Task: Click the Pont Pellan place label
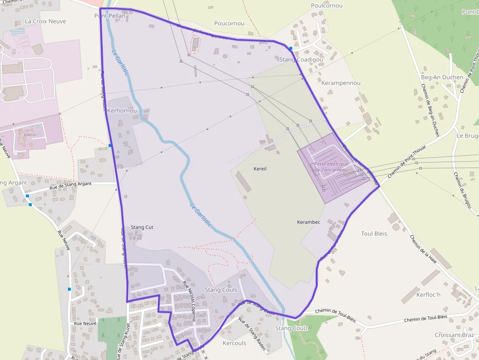click(x=110, y=16)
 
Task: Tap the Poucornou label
click(x=229, y=23)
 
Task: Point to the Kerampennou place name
click(x=341, y=83)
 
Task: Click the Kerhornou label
click(x=122, y=111)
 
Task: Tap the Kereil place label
click(x=260, y=169)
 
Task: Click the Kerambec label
click(x=308, y=222)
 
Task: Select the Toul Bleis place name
click(x=374, y=233)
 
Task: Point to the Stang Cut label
click(x=142, y=227)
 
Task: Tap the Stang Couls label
click(x=221, y=290)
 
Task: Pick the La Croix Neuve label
click(x=45, y=21)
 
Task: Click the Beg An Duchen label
click(x=442, y=77)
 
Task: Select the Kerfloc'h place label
click(x=428, y=295)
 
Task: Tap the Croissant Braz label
click(x=454, y=335)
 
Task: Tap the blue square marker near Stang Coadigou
click(x=291, y=48)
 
